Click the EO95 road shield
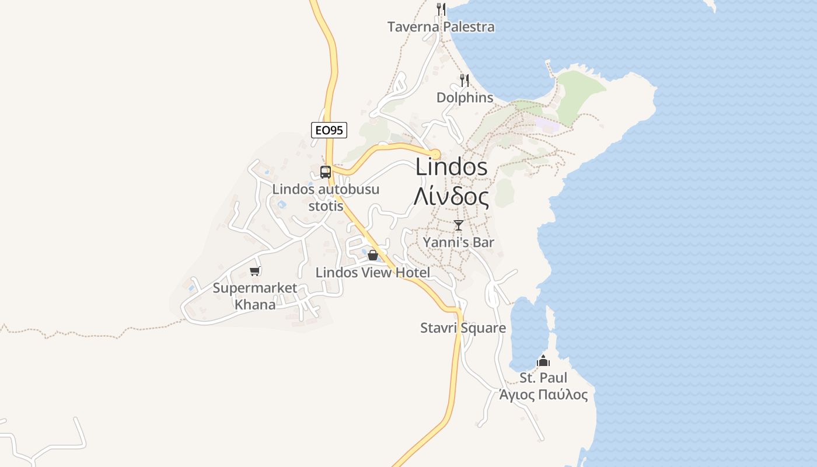coord(329,130)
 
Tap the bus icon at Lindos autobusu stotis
coord(326,172)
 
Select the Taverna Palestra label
coord(441,27)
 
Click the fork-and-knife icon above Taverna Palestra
coord(441,9)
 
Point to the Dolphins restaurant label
coord(465,97)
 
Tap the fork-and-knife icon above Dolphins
coord(465,81)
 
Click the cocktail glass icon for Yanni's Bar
coord(459,225)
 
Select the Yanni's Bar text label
coord(459,242)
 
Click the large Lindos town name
coord(451,168)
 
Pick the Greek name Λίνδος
coord(451,197)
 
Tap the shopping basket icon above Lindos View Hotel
coord(373,255)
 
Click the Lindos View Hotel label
coord(373,273)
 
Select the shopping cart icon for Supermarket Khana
coord(254,271)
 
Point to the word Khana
coord(255,304)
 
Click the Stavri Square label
coord(463,328)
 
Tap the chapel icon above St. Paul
coord(543,361)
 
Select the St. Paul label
coord(543,378)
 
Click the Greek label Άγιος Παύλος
coord(543,395)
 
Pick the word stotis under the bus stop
coord(326,206)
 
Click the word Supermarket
coord(255,288)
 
